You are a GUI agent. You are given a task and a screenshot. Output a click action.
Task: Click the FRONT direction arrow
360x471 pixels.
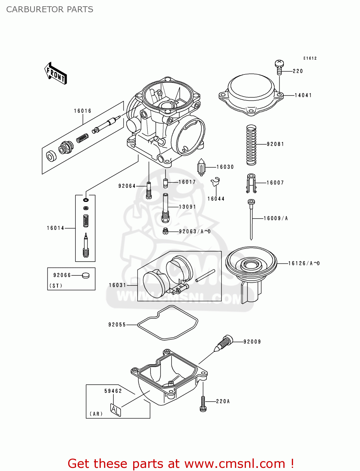point(56,73)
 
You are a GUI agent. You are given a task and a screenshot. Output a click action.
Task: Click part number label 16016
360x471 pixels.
point(83,111)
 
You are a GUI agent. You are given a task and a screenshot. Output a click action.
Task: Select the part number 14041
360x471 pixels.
point(303,95)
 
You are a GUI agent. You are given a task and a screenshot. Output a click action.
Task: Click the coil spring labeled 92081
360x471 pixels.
point(251,144)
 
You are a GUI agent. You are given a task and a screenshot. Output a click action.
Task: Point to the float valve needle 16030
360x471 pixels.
point(201,167)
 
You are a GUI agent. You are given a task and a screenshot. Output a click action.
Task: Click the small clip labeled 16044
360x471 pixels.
point(215,182)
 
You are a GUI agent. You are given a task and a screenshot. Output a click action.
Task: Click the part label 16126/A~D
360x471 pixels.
point(304,263)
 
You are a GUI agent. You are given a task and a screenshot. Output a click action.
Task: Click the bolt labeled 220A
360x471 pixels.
point(203,403)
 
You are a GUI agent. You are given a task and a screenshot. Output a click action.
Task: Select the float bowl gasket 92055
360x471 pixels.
point(168,323)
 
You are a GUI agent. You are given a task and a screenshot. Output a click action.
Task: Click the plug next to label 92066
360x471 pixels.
point(85,275)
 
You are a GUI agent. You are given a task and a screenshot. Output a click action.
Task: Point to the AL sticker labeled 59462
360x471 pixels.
point(115,409)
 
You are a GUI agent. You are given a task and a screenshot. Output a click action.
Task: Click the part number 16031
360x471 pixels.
point(117,285)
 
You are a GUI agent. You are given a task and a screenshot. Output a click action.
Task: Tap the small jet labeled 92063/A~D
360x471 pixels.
point(166,231)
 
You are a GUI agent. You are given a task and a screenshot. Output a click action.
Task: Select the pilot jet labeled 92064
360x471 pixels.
point(149,190)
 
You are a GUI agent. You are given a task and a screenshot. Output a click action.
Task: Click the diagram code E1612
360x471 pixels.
point(310,58)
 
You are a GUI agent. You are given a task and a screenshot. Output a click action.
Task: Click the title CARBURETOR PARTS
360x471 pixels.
point(50,9)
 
